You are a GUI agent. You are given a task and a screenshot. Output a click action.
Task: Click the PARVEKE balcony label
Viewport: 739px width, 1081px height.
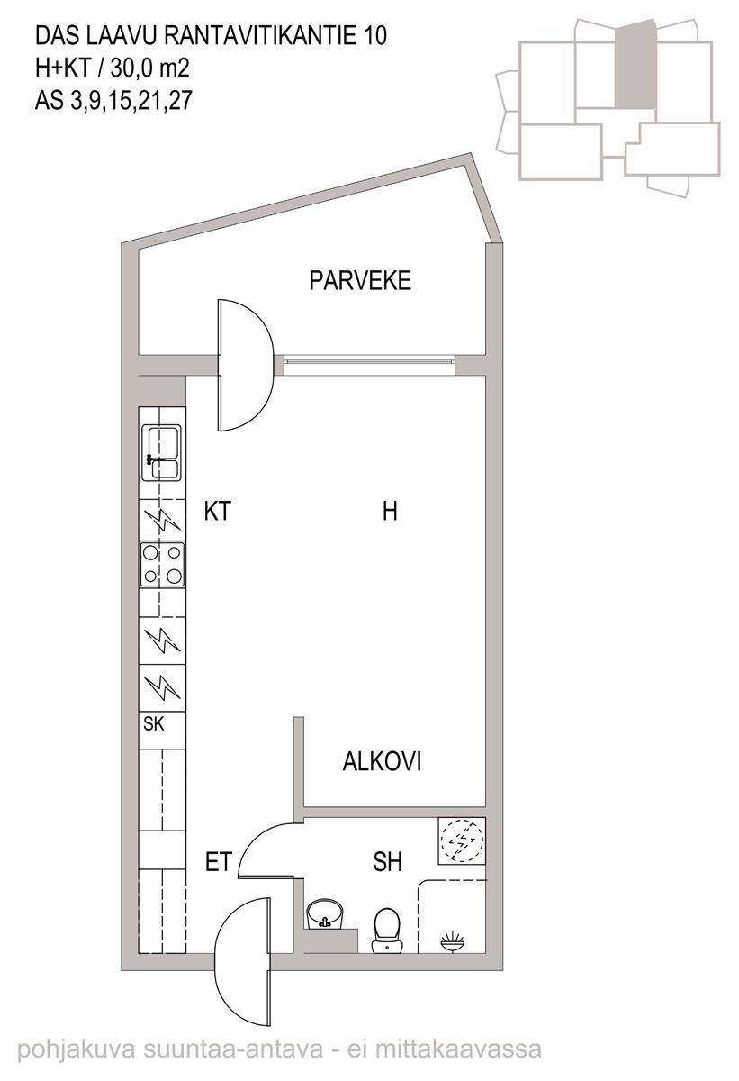point(360,281)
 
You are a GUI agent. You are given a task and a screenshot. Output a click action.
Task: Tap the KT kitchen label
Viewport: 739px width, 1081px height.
point(218,512)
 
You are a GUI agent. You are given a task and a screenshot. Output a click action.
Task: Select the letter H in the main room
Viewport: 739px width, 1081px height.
point(390,512)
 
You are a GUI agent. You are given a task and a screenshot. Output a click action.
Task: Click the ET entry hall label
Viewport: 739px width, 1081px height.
point(219,862)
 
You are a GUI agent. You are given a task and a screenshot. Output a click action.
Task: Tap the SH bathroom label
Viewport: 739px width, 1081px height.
point(388,862)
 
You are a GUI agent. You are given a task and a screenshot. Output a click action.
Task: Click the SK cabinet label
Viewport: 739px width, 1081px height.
point(154,724)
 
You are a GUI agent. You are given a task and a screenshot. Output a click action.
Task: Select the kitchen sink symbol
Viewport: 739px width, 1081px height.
point(161,452)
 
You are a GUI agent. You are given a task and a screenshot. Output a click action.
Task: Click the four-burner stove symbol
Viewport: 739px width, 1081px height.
point(162,565)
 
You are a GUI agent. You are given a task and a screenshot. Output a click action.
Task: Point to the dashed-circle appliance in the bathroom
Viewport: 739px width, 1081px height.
point(462,841)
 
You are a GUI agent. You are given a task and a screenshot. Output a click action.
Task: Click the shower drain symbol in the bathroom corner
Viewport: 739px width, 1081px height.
point(453,940)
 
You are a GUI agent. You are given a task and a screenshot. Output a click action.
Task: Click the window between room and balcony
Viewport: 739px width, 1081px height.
point(369,360)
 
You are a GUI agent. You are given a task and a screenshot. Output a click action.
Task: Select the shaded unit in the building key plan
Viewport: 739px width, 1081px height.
point(635,65)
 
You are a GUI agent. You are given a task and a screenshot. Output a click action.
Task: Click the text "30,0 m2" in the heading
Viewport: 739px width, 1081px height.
point(150,68)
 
